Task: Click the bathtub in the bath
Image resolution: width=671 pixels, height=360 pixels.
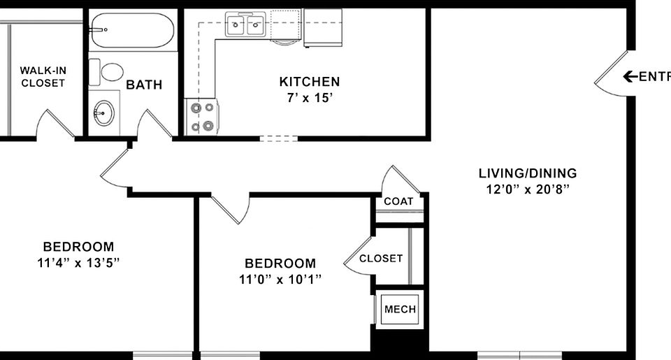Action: pyautogui.click(x=131, y=30)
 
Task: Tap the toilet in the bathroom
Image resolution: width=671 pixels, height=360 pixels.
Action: pyautogui.click(x=110, y=71)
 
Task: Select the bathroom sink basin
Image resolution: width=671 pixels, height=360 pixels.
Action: pyautogui.click(x=105, y=112)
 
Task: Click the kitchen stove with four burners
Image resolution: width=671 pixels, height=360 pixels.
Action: pyautogui.click(x=202, y=117)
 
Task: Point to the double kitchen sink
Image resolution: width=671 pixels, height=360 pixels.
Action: pyautogui.click(x=245, y=26)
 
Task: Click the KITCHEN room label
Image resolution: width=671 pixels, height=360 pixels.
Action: pyautogui.click(x=310, y=82)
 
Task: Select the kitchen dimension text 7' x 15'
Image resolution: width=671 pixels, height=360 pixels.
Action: pyautogui.click(x=310, y=98)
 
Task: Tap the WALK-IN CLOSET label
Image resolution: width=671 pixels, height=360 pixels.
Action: pyautogui.click(x=43, y=77)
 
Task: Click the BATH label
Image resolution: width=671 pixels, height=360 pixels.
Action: pyautogui.click(x=144, y=85)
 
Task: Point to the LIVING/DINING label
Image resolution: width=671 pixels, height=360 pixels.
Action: pyautogui.click(x=528, y=173)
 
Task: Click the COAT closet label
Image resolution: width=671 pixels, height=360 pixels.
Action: pyautogui.click(x=398, y=201)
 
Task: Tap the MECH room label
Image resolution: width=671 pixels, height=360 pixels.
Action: pyautogui.click(x=400, y=310)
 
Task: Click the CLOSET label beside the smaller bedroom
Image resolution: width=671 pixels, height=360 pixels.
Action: pyautogui.click(x=381, y=259)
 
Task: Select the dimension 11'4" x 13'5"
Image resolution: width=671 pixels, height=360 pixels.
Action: pyautogui.click(x=78, y=263)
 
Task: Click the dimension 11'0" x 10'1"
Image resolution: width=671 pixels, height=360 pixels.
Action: pyautogui.click(x=280, y=280)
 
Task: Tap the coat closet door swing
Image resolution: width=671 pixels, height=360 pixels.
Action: pyautogui.click(x=401, y=179)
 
